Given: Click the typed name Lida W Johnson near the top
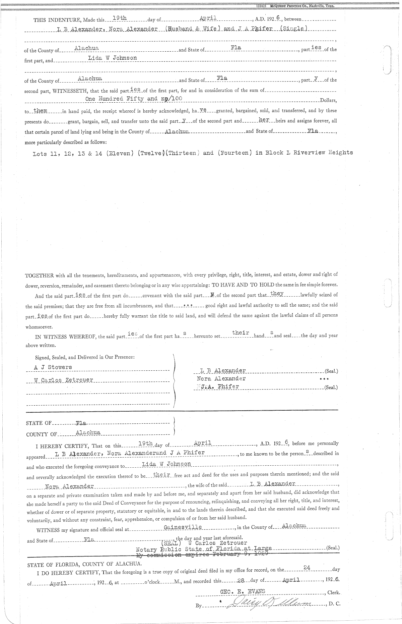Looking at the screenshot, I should (x=112, y=58).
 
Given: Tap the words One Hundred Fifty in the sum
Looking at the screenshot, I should (x=115, y=99).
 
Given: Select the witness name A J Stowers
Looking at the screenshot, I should (x=53, y=367).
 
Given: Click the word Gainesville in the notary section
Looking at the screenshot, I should (x=183, y=527).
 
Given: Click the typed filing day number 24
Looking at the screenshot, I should (x=306, y=568).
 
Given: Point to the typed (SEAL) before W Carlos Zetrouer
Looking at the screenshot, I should (x=172, y=543).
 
